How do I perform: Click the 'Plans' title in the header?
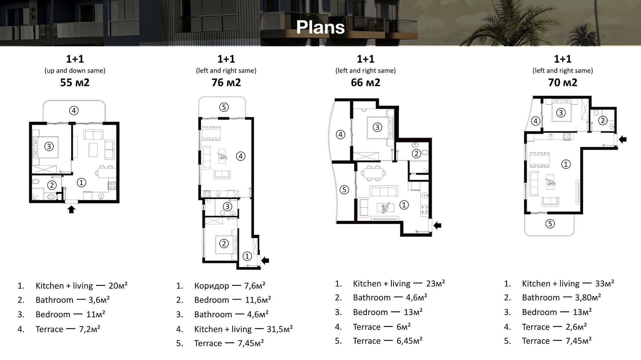click(320, 27)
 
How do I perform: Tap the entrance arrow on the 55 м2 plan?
click(71, 209)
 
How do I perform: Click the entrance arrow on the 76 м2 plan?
click(265, 260)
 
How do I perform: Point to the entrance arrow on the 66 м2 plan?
click(437, 226)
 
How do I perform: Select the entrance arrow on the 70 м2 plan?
click(623, 139)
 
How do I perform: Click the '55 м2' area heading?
click(75, 82)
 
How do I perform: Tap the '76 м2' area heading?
click(226, 82)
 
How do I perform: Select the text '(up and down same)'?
click(75, 70)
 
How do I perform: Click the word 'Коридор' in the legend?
click(212, 286)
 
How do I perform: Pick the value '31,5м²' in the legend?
click(280, 329)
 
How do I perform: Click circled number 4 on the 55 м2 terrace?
click(74, 110)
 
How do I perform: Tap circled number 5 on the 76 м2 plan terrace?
click(224, 107)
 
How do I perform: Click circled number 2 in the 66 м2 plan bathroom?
click(416, 153)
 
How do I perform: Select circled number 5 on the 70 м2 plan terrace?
click(550, 224)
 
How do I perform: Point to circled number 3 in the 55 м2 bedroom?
click(49, 146)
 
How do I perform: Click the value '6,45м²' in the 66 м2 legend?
click(409, 341)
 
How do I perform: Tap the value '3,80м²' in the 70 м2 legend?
click(588, 297)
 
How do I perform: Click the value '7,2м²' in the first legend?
click(89, 329)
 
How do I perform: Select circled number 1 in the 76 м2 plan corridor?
click(247, 256)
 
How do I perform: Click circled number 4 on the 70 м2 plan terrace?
click(536, 121)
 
